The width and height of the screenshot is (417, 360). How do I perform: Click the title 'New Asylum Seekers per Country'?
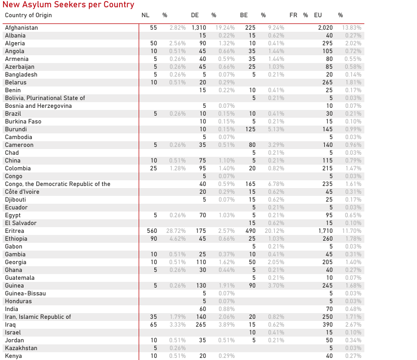tap(68, 5)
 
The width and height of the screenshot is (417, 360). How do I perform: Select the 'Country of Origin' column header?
tap(28, 15)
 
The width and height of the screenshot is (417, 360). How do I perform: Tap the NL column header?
tap(145, 15)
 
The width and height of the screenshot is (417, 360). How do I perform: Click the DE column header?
tap(195, 15)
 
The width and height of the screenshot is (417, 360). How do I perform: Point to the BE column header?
tap(244, 15)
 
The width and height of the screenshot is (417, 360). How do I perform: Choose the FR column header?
tap(293, 15)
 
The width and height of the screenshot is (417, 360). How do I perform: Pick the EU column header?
tap(318, 15)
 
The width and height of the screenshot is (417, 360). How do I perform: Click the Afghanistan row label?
tap(21, 28)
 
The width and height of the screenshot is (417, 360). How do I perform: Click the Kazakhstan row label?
tap(21, 348)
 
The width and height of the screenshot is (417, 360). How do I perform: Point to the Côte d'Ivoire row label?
tap(22, 192)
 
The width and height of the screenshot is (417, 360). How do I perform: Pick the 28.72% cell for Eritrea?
tap(175, 231)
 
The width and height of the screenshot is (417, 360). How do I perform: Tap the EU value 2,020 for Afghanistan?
tap(325, 28)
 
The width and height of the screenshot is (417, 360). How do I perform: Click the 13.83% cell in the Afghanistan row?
tap(351, 28)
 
